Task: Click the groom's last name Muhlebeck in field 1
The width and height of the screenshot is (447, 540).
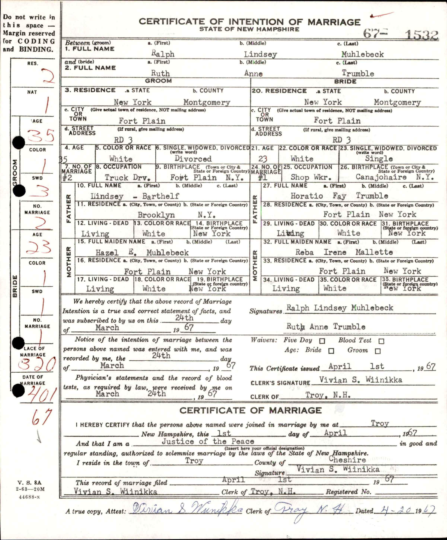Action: (x=362, y=54)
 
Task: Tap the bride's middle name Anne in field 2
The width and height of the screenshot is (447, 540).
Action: (x=253, y=73)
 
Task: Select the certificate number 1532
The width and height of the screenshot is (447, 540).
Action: (x=421, y=35)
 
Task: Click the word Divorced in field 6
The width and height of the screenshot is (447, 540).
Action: (x=193, y=159)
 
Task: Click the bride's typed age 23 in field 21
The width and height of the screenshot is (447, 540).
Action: (x=263, y=159)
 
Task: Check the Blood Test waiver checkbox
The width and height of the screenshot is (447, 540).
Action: (x=381, y=341)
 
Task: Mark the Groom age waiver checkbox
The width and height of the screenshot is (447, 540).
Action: (x=377, y=351)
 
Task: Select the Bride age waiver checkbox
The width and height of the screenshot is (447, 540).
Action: (x=331, y=351)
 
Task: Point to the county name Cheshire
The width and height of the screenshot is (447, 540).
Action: (x=347, y=459)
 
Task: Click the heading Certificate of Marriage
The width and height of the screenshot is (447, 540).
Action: (x=250, y=410)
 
